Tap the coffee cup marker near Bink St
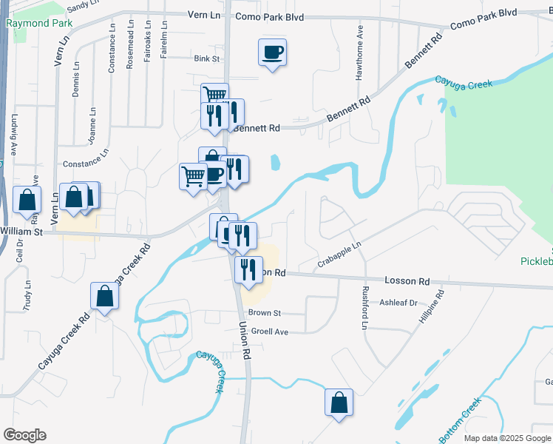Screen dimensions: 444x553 272,53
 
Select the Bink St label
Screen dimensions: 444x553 207,58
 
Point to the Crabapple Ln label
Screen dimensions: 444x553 339,254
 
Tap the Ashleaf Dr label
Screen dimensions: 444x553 398,303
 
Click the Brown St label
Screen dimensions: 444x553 265,313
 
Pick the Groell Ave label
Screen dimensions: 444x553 269,332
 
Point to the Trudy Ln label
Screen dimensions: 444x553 27,295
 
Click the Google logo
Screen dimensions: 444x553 24,435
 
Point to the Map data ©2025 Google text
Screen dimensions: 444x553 507,438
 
